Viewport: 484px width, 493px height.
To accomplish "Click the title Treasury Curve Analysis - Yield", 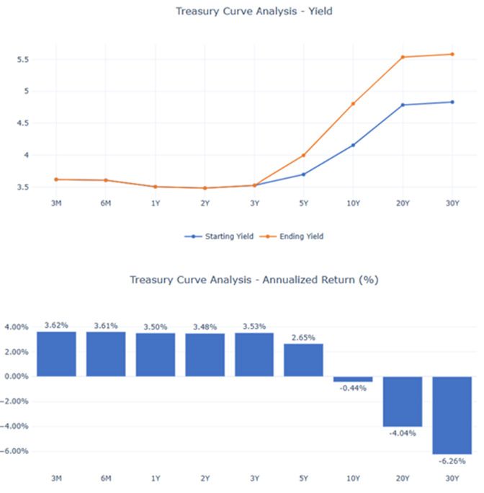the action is (254, 12).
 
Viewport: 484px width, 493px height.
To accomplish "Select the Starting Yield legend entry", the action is (219, 236).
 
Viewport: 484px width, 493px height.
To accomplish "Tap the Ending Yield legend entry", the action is (292, 236).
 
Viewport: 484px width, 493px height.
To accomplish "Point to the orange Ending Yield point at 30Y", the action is (452, 54).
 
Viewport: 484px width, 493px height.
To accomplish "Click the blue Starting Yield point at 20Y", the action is (403, 105).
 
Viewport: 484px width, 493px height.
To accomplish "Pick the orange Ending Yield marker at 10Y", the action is (353, 104).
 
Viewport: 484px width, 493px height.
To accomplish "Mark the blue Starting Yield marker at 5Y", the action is (304, 174).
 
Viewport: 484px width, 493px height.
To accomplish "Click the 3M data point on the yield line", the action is (56, 179).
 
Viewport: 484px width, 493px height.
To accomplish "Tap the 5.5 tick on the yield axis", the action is (22, 59).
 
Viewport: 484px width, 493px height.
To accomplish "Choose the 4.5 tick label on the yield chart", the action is (22, 123).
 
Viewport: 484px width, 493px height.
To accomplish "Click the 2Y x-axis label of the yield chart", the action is (205, 203).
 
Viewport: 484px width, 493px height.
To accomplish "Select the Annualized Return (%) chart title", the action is (254, 280).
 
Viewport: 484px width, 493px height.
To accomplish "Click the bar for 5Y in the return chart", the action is (304, 360).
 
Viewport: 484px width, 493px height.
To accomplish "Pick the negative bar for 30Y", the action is (452, 415).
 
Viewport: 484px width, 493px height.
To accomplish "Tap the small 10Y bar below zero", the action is (353, 379).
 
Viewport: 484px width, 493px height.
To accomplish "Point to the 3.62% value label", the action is (56, 325).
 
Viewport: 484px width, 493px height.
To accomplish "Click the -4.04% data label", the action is (403, 433).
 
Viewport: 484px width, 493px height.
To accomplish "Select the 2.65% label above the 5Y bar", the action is (303, 338).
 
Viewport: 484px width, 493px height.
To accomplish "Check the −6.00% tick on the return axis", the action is (14, 451).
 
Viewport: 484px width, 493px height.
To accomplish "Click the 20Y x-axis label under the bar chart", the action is (403, 479).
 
